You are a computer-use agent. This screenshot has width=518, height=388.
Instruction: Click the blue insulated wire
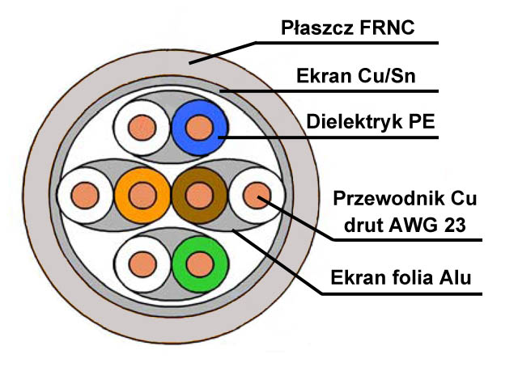pos(199,128)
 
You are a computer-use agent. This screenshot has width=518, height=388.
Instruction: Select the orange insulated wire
pos(142,196)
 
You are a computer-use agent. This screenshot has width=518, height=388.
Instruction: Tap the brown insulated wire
pos(199,196)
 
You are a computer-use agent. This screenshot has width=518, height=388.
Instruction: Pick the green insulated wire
pos(200,264)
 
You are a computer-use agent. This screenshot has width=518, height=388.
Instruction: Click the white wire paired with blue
pos(142,128)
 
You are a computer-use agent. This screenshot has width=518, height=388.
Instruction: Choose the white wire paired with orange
pos(85,196)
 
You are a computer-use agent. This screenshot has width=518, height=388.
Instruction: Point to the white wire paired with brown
pos(257,196)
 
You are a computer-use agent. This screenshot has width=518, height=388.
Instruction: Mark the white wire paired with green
pos(142,264)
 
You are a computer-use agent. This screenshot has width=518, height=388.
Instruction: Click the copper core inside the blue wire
pos(199,128)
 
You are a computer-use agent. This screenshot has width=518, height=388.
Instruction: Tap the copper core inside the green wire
pos(200,264)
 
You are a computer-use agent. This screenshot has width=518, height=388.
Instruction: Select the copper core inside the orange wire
pos(142,196)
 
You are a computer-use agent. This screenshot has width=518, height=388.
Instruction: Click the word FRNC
pos(387,27)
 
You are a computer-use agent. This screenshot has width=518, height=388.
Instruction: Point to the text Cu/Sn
pos(385,76)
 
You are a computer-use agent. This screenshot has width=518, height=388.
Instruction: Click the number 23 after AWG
pos(455,225)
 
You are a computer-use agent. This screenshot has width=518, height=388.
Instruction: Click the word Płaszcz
pos(317,27)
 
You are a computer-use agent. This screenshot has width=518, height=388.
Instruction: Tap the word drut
pos(364,225)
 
